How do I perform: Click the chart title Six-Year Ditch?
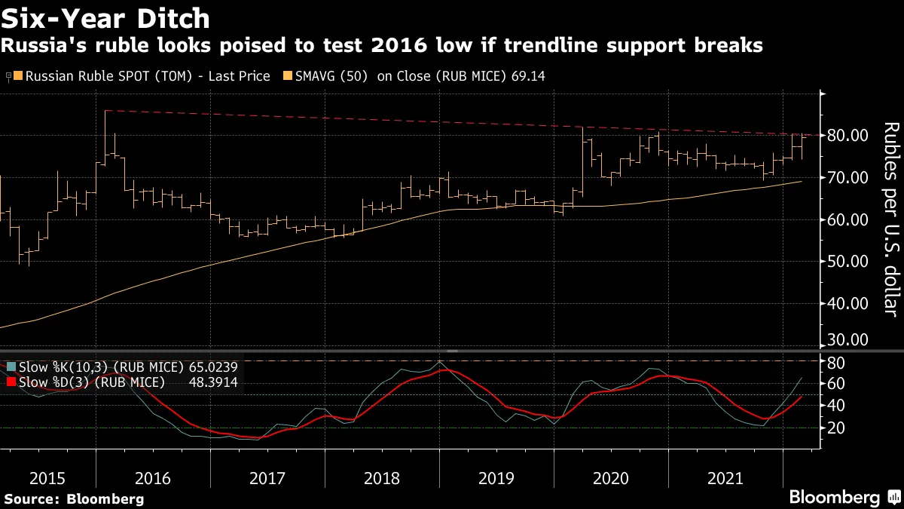click(105, 17)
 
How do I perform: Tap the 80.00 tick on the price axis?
click(847, 136)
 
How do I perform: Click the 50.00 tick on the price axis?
click(847, 262)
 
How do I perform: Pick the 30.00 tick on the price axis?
click(847, 340)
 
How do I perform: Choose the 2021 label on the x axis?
click(725, 478)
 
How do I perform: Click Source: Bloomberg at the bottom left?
click(74, 498)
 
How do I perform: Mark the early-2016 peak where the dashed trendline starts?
click(105, 111)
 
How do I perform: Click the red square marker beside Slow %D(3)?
click(11, 382)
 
